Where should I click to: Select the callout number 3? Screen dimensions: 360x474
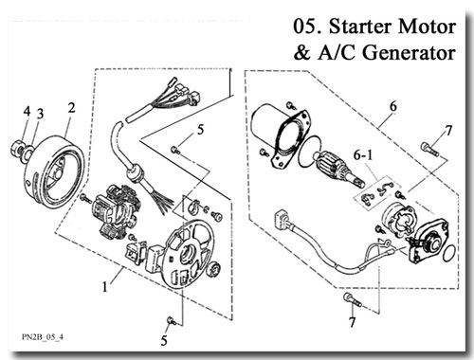(x=40, y=114)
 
